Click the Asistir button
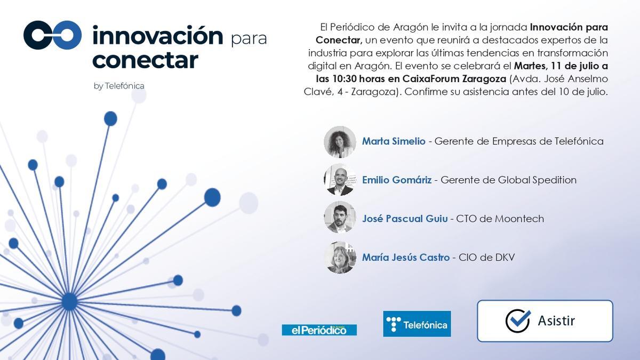545,321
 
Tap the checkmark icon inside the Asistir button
517,321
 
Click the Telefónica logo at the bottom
417,324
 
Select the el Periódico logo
319,330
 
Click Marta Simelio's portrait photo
340,142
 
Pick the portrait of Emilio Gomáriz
340,180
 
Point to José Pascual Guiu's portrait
340,219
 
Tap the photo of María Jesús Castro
340,258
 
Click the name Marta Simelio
394,141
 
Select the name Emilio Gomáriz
397,180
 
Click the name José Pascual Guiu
405,219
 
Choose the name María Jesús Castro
405,258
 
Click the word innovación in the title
157,36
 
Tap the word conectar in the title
145,60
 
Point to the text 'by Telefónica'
118,86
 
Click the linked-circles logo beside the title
52,35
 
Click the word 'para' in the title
249,39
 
